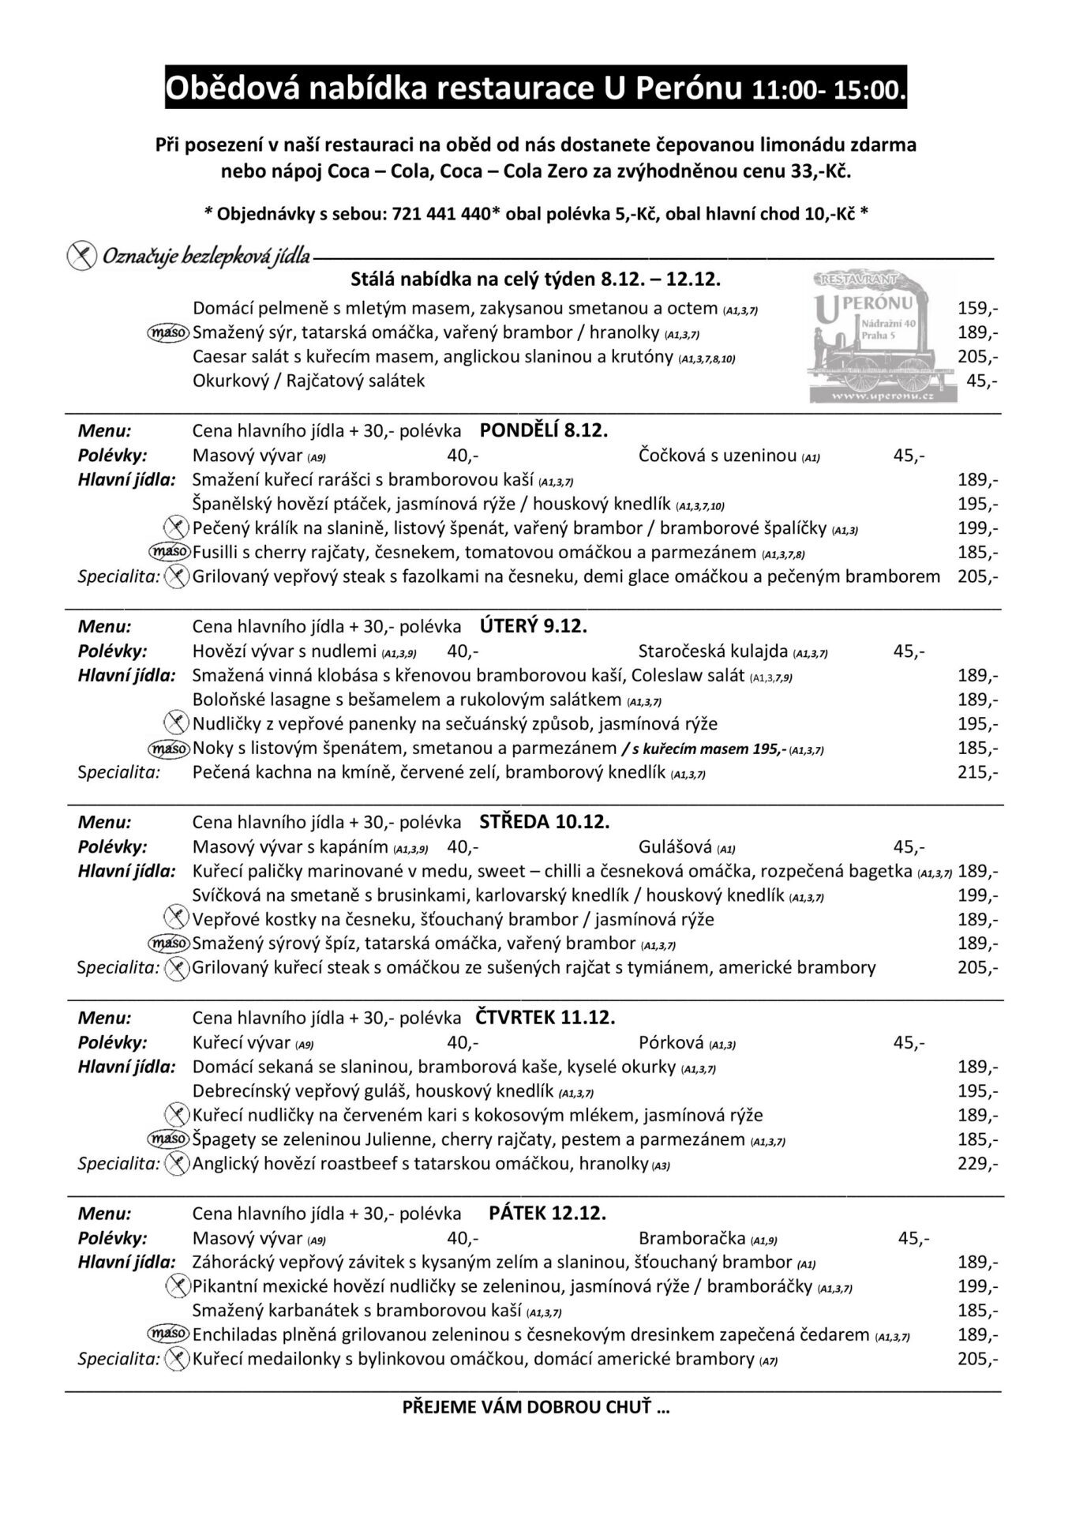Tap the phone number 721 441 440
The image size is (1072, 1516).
point(441,213)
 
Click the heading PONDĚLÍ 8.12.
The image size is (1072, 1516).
point(544,431)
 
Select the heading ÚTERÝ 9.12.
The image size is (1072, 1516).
point(534,627)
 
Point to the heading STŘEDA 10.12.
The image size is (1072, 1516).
point(545,822)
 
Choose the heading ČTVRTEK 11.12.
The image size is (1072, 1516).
point(545,1018)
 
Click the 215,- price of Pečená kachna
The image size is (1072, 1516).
point(977,772)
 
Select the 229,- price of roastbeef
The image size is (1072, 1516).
point(977,1164)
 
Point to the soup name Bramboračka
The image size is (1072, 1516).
point(692,1238)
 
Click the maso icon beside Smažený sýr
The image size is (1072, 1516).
point(169,332)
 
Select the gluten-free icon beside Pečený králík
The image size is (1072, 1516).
point(176,527)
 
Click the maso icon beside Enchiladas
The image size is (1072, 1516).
point(169,1334)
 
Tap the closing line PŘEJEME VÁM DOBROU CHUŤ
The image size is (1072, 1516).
point(535,1407)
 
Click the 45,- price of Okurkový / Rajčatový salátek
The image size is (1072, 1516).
point(981,381)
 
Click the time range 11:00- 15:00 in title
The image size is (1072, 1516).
point(828,89)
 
